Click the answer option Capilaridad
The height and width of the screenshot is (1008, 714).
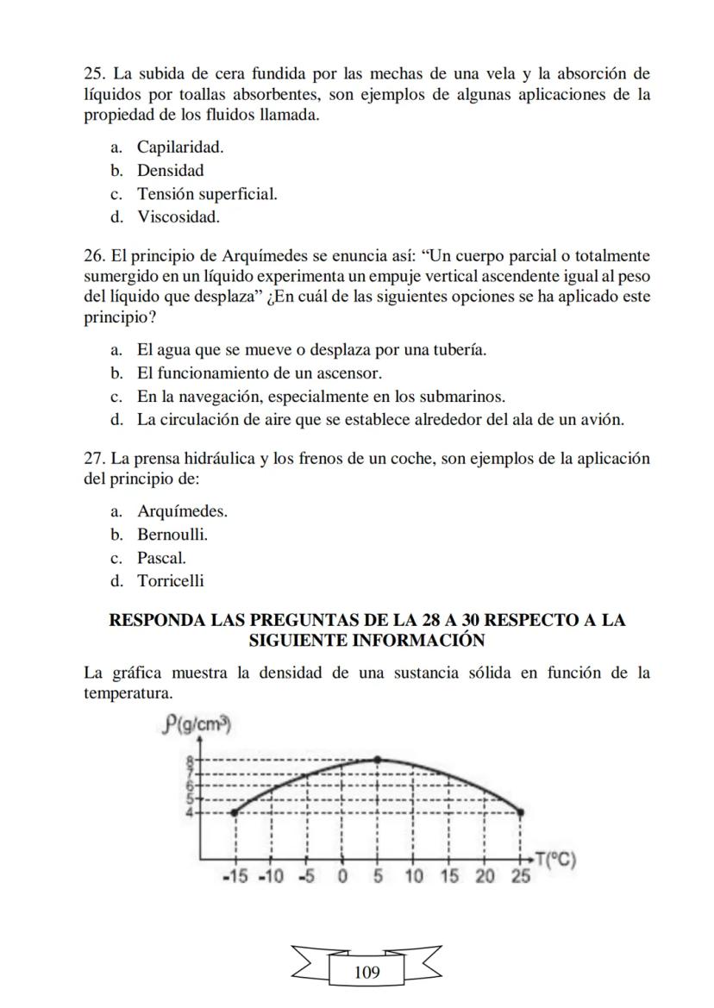click(180, 147)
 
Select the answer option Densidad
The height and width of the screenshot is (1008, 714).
click(170, 171)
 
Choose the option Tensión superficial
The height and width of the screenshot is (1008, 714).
click(207, 194)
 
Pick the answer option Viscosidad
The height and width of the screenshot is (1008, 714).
click(178, 217)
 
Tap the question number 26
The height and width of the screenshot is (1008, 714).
click(93, 257)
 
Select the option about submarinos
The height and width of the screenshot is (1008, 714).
click(321, 397)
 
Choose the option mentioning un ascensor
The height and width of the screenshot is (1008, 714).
click(259, 373)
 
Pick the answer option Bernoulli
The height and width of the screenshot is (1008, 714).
click(172, 535)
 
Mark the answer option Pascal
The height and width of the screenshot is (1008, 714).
click(161, 558)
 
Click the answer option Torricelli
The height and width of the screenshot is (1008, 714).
click(171, 581)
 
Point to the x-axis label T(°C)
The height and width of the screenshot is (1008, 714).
click(554, 859)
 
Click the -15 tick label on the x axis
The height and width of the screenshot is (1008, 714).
click(235, 877)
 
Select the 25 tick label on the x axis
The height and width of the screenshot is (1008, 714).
click(521, 877)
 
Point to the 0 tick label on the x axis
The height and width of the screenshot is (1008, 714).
click(342, 877)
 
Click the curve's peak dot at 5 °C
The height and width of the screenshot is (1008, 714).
click(378, 759)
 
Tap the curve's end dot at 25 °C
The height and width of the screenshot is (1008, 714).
click(520, 811)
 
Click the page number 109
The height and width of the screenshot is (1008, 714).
click(366, 973)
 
